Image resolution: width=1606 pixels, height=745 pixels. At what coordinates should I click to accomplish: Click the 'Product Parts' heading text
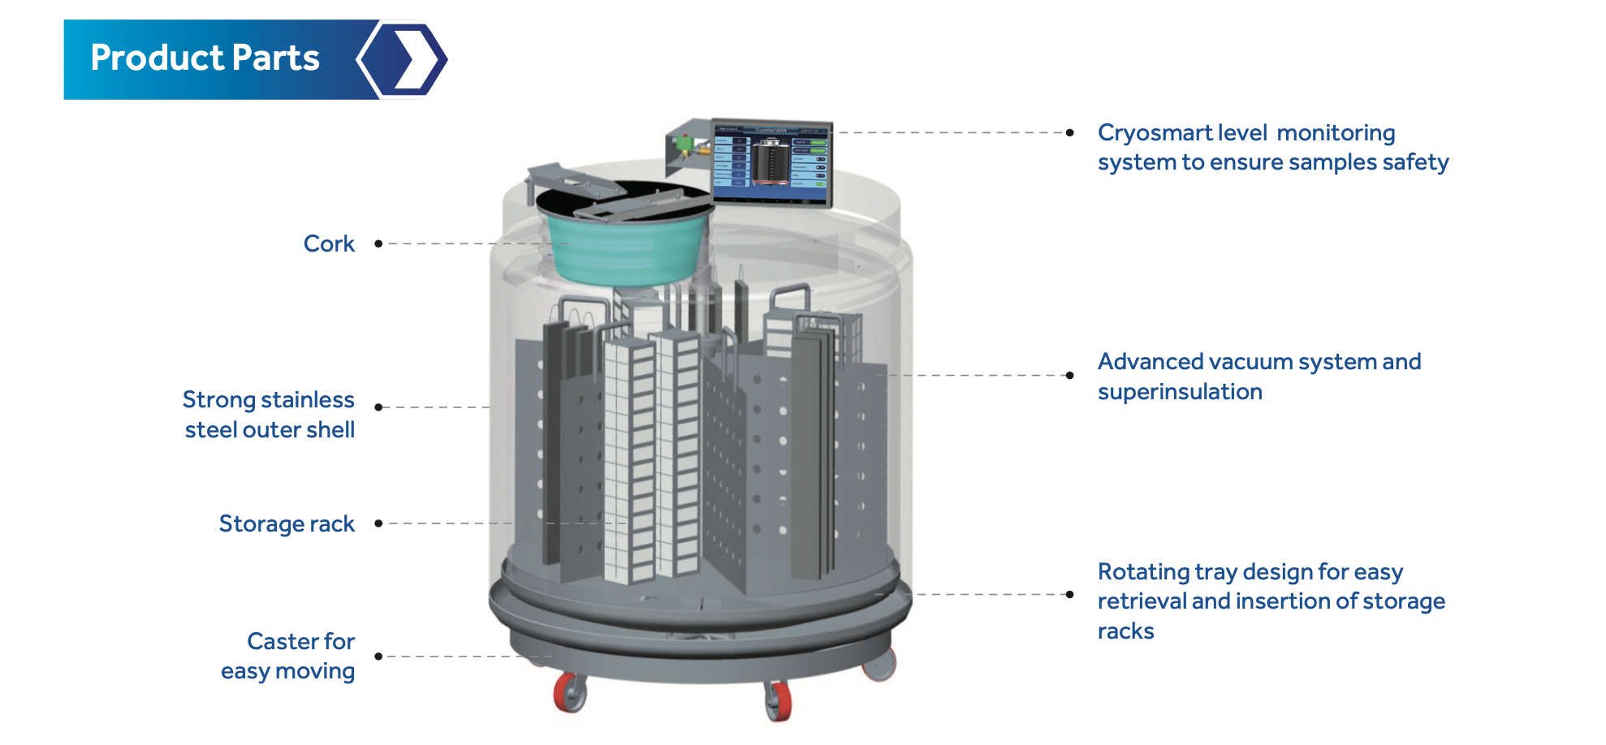205,58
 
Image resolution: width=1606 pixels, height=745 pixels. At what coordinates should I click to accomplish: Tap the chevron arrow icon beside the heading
404,59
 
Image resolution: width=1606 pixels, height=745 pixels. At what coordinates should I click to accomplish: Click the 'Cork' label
329,243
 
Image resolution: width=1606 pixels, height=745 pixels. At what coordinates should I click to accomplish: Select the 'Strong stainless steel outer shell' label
269,415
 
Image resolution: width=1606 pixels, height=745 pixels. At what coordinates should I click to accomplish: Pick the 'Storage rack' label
287,523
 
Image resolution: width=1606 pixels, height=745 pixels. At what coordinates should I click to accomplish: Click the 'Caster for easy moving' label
288,656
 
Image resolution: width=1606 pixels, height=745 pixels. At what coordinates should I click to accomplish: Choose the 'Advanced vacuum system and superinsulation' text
1258,376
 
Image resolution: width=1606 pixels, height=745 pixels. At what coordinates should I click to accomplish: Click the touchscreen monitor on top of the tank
771,162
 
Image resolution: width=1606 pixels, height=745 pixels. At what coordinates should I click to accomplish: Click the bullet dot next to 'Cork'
378,243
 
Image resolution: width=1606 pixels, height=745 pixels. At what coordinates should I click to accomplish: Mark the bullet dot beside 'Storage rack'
378,523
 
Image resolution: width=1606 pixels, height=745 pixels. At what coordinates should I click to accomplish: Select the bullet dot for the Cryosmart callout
1070,132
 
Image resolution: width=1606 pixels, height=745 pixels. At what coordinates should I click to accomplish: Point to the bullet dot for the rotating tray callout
1070,594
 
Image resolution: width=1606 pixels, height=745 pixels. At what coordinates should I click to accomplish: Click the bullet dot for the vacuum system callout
1070,375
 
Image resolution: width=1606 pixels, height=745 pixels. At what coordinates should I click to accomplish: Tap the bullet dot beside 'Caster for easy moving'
378,656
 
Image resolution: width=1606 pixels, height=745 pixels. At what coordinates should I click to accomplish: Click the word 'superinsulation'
1180,391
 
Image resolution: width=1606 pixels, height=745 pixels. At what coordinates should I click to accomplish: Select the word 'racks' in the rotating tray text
1125,631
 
